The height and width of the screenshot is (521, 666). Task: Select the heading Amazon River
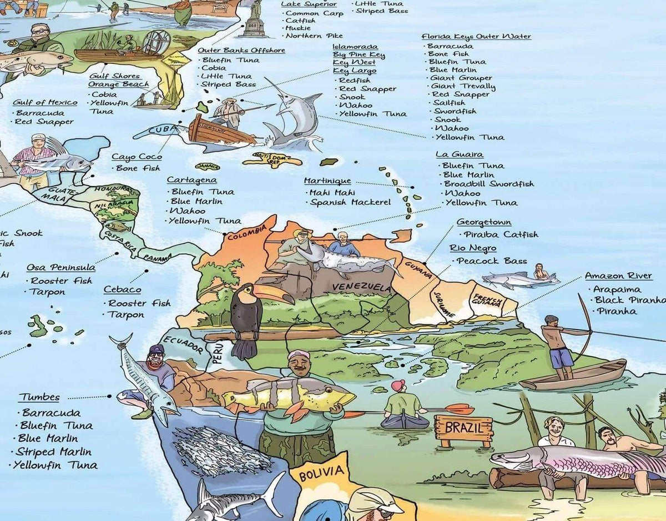click(x=618, y=276)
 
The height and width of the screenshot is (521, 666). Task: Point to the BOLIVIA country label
click(x=321, y=473)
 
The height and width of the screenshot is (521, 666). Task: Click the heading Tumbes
click(x=39, y=398)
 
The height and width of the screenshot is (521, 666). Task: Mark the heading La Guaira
click(x=459, y=154)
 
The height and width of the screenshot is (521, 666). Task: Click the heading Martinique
click(x=327, y=181)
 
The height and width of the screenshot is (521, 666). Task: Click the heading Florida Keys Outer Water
click(x=476, y=37)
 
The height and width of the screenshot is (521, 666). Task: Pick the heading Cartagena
click(x=192, y=180)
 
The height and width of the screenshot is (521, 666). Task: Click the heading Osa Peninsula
click(x=61, y=268)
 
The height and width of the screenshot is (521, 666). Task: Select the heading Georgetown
click(x=484, y=222)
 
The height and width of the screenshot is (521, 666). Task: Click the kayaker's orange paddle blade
click(x=460, y=409)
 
